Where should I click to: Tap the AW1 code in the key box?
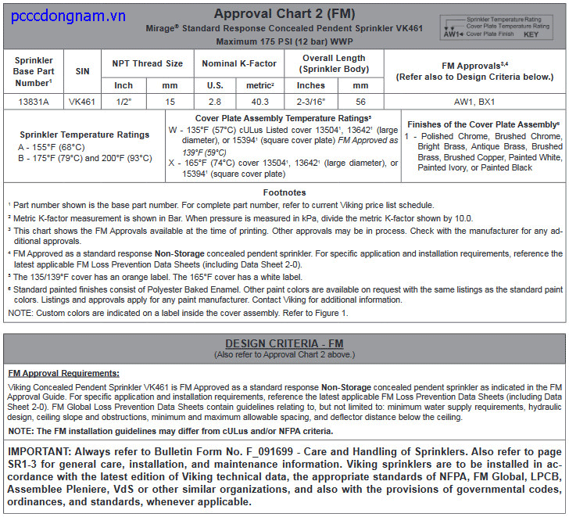[453, 34]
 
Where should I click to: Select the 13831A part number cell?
[34, 101]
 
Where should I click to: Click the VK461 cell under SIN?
[82, 101]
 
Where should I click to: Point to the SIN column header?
[82, 71]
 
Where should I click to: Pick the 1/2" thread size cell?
[123, 101]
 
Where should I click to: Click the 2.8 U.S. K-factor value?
[214, 101]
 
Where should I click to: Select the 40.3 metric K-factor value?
[259, 101]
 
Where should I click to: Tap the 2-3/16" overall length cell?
[311, 101]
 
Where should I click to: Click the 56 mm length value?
[360, 101]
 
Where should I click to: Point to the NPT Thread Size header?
[148, 63]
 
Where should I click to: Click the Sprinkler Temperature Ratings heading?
[84, 135]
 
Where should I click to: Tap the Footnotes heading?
[284, 192]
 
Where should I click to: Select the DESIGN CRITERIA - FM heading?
[284, 343]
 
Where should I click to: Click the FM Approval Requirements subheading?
[63, 373]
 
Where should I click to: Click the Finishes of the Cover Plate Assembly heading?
[482, 124]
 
